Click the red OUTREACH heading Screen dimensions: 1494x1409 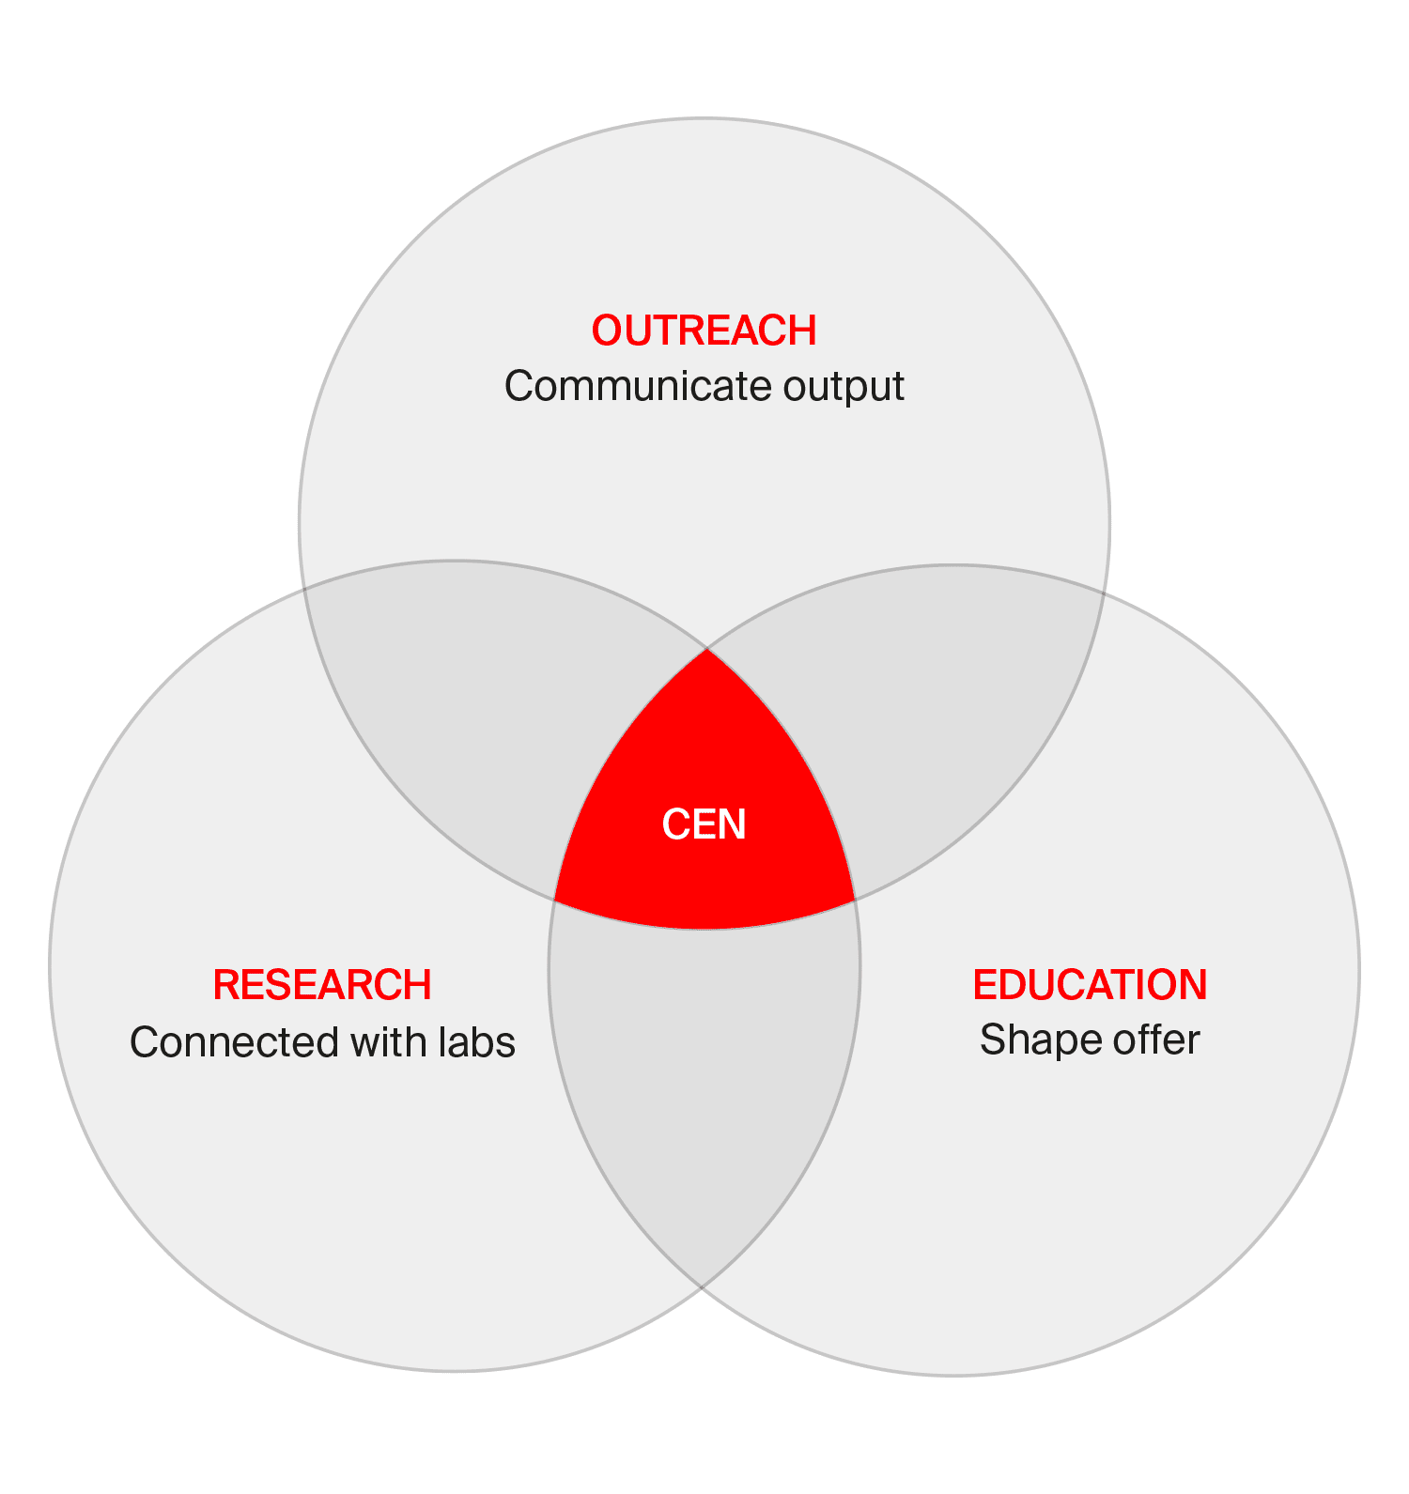[704, 331]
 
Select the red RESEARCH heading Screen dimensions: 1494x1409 [322, 985]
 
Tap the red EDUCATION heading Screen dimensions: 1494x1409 [1090, 985]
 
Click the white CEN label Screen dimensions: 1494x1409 [704, 824]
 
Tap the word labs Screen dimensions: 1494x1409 [476, 1042]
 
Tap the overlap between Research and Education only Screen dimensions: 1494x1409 [704, 1080]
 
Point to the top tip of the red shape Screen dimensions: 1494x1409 [706, 650]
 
